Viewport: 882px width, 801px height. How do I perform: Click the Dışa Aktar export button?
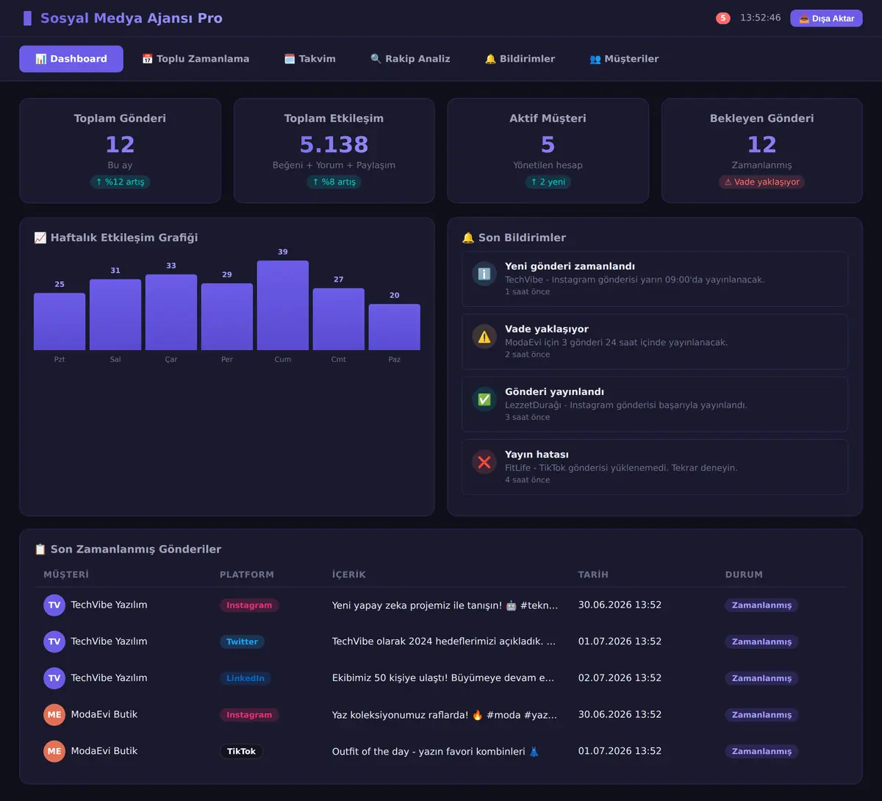(826, 18)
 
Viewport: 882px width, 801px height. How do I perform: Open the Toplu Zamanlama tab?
(196, 59)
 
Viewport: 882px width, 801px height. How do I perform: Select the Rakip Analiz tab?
(410, 59)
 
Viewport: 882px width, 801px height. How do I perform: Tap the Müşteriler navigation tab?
(624, 59)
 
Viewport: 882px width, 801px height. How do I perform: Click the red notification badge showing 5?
(723, 18)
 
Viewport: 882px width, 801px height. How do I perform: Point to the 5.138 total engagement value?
(334, 144)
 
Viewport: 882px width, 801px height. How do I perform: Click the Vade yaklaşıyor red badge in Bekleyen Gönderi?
(761, 182)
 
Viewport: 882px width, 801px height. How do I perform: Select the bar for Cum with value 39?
(283, 305)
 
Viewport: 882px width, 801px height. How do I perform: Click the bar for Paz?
(395, 327)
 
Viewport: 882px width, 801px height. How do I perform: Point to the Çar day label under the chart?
(171, 359)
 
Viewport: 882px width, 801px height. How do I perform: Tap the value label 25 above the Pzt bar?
(60, 285)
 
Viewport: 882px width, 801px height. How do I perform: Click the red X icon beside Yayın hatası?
(484, 462)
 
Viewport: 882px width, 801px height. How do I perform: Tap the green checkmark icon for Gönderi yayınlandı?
(484, 399)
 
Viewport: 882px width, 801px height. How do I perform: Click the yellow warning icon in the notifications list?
(484, 337)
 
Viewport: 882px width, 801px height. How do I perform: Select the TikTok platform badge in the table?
(241, 751)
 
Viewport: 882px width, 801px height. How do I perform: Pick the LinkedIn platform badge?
(245, 678)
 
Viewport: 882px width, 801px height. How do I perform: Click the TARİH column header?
(593, 574)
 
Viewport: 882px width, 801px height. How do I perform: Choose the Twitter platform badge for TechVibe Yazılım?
(242, 641)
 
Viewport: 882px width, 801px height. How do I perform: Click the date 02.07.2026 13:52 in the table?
(620, 677)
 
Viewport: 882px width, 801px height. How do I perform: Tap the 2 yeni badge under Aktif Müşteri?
(548, 182)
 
